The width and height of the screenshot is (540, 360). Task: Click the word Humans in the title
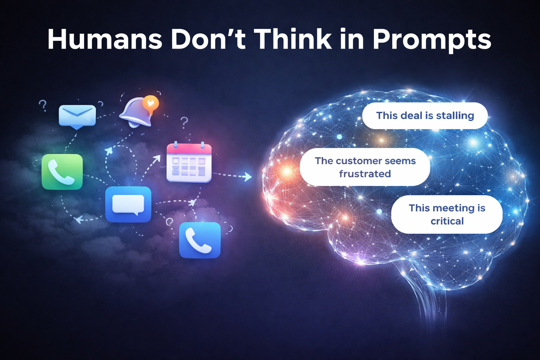pos(105,39)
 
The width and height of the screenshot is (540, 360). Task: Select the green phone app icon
pos(62,172)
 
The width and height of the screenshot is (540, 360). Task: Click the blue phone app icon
pos(200,240)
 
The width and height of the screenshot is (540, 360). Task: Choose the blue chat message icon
pos(128,204)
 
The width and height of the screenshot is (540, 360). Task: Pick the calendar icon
pos(189,162)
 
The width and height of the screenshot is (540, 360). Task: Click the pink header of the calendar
pos(189,149)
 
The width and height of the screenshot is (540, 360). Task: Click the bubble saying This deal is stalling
pos(425,116)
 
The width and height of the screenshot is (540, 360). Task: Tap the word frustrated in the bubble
pos(365,174)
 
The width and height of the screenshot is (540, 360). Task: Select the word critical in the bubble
pos(447,221)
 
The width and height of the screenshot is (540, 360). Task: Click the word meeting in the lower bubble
pos(454,208)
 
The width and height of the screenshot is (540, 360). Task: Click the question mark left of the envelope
pos(43,105)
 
